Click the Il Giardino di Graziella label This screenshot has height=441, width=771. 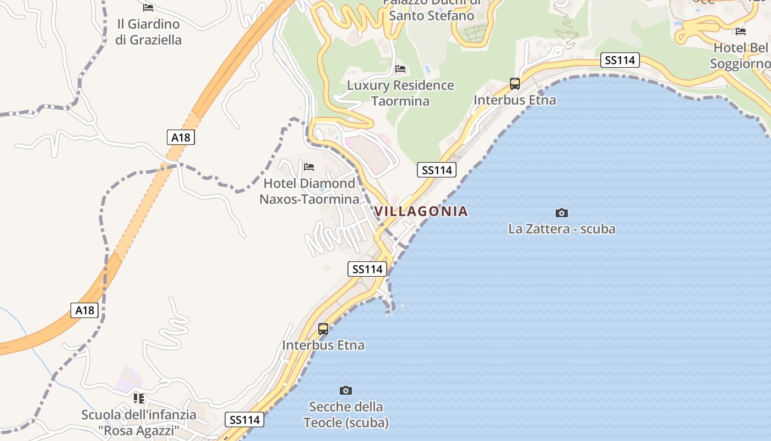148,32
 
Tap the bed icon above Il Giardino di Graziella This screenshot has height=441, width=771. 148,8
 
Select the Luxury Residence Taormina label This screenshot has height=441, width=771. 400,93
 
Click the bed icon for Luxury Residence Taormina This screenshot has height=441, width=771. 400,69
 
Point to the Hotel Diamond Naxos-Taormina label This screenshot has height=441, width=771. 310,191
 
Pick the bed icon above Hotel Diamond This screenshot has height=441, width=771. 309,166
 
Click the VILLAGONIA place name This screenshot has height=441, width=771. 421,211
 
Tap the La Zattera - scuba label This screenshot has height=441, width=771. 562,229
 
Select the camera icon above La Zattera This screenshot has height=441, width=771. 562,213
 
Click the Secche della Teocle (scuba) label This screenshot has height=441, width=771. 346,415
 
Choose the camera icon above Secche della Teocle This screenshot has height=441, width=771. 346,390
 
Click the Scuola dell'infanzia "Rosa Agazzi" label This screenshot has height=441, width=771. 139,422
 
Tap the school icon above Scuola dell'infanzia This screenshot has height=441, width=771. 139,398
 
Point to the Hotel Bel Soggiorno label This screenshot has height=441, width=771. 741,56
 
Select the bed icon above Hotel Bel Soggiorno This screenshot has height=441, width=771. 741,31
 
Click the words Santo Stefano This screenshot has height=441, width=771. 431,15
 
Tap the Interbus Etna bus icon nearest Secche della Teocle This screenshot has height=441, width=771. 323,329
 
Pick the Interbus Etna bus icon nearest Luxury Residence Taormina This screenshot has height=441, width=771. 515,84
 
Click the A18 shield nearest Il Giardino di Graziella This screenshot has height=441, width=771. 181,137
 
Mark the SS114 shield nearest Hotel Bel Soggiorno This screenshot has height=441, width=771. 620,60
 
